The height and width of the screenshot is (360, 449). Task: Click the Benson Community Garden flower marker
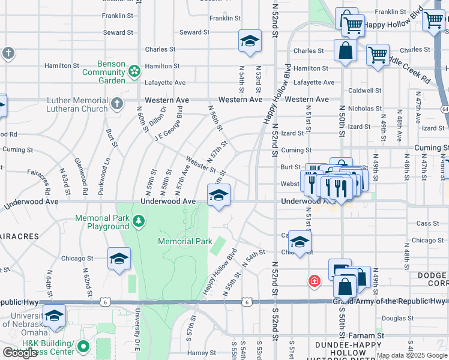click(134, 72)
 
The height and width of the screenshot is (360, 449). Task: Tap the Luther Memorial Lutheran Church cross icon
click(117, 104)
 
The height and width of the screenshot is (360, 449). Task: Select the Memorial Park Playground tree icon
click(139, 221)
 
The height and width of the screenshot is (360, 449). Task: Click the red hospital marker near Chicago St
click(313, 280)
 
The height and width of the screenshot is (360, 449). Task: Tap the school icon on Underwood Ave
click(219, 194)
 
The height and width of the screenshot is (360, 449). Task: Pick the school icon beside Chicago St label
click(119, 259)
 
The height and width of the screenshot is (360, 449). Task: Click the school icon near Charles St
click(250, 41)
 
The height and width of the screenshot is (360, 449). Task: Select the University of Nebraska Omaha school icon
click(55, 315)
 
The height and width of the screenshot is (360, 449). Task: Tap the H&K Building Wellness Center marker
click(83, 346)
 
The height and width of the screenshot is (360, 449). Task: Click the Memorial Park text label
click(185, 241)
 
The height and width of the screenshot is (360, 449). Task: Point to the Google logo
click(20, 353)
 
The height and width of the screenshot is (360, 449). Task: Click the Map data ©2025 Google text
click(412, 355)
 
